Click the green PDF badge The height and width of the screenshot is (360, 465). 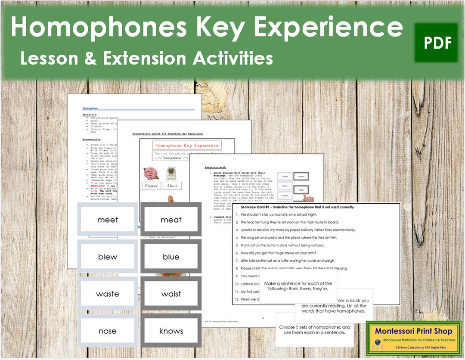pos(437,42)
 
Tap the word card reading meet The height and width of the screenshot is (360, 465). pos(108,220)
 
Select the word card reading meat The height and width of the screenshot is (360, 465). pos(171,220)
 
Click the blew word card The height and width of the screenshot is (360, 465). pos(108,257)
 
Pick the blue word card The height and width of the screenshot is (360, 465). pos(171,257)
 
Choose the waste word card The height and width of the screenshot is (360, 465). pos(108,294)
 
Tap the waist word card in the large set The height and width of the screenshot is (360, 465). pos(171,294)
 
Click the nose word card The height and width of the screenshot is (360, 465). pos(108,331)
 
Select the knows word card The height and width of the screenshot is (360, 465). pos(171,331)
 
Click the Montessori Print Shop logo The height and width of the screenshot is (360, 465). pos(414,338)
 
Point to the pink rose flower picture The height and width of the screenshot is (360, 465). pos(152,173)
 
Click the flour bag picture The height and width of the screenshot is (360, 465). pos(173,173)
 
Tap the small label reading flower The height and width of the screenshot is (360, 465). pos(152,186)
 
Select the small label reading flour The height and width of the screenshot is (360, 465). pos(173,186)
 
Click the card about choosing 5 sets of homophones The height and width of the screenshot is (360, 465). pos(314,330)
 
